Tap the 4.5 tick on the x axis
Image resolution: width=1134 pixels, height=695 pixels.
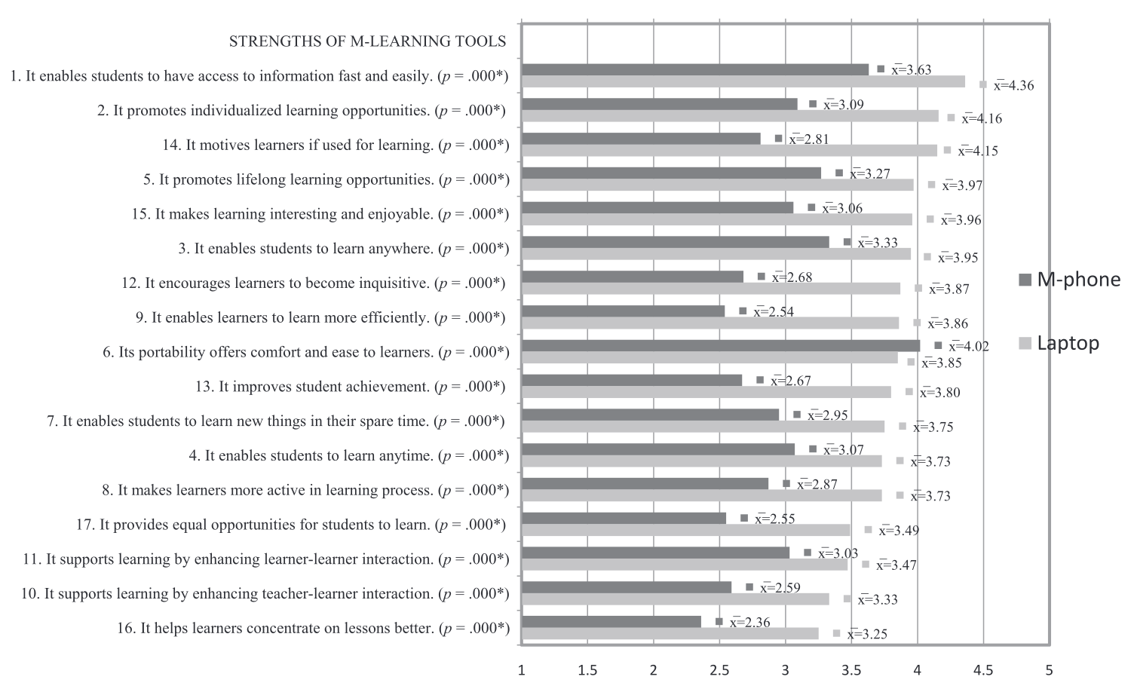coord(982,669)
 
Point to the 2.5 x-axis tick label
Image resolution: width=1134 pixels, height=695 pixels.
coord(719,669)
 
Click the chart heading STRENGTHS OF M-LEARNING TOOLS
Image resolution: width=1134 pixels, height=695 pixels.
coord(367,41)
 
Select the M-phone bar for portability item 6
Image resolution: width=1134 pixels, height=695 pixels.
coord(720,345)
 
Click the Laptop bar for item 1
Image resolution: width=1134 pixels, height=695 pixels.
coord(743,81)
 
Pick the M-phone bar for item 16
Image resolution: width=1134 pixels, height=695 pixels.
coord(611,621)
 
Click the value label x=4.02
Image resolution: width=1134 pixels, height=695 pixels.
coord(969,347)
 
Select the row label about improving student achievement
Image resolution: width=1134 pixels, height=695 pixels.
coord(350,387)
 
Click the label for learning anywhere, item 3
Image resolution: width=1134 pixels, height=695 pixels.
coord(351,249)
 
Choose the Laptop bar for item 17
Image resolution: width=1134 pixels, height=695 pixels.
coord(685,530)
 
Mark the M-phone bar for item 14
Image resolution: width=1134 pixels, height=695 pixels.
coord(641,138)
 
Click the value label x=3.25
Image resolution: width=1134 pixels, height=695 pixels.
coord(867,634)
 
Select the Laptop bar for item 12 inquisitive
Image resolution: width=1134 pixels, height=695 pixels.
coord(710,288)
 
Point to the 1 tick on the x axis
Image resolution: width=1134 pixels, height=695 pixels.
coord(521,669)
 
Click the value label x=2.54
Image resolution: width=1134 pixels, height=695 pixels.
coord(774,312)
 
